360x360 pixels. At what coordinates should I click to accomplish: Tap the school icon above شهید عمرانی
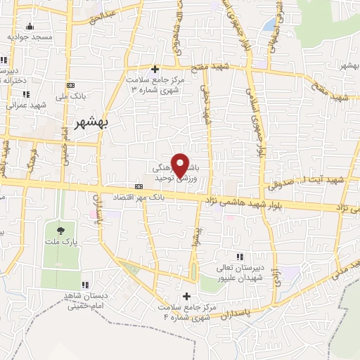pyautogui.click(x=26, y=94)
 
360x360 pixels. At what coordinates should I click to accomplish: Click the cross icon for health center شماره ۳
pyautogui.click(x=155, y=68)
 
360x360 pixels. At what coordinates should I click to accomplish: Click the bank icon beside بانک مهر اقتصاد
pyautogui.click(x=139, y=186)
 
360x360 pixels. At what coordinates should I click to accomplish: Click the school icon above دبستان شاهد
pyautogui.click(x=85, y=285)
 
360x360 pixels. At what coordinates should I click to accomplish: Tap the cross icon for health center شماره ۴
pyautogui.click(x=186, y=296)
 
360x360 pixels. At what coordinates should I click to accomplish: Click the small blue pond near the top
pyautogui.click(x=269, y=25)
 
